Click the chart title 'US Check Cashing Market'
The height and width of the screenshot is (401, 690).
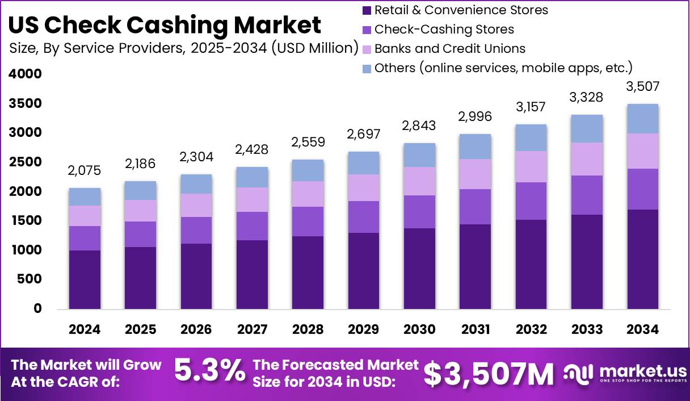[165, 25]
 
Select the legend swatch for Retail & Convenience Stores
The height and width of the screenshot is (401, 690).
[366, 10]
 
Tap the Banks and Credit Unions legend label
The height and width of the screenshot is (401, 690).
[449, 48]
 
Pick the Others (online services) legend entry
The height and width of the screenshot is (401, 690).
[503, 68]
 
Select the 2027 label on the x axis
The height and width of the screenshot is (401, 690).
[252, 330]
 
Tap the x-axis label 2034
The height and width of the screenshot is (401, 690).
[642, 330]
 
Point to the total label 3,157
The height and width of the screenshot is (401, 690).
[531, 107]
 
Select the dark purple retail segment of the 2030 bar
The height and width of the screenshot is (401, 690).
[419, 268]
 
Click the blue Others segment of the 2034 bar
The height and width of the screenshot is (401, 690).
[642, 119]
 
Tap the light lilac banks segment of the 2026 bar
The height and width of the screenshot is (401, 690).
[196, 205]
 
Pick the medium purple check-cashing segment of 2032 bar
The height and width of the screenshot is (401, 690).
[531, 201]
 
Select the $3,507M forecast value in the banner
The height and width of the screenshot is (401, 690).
[489, 374]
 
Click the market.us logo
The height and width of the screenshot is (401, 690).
[624, 374]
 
